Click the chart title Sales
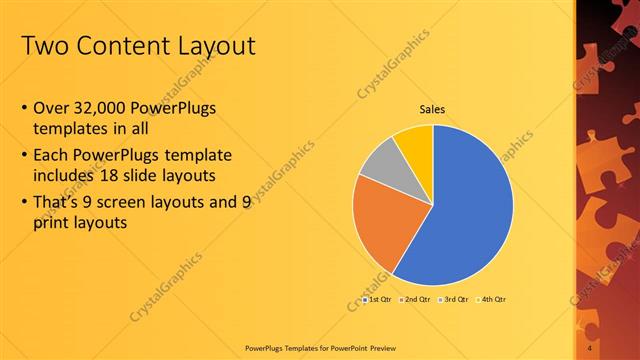[x=432, y=109]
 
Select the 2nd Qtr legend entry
[x=416, y=300]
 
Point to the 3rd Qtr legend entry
[x=455, y=300]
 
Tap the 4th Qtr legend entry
[x=493, y=300]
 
